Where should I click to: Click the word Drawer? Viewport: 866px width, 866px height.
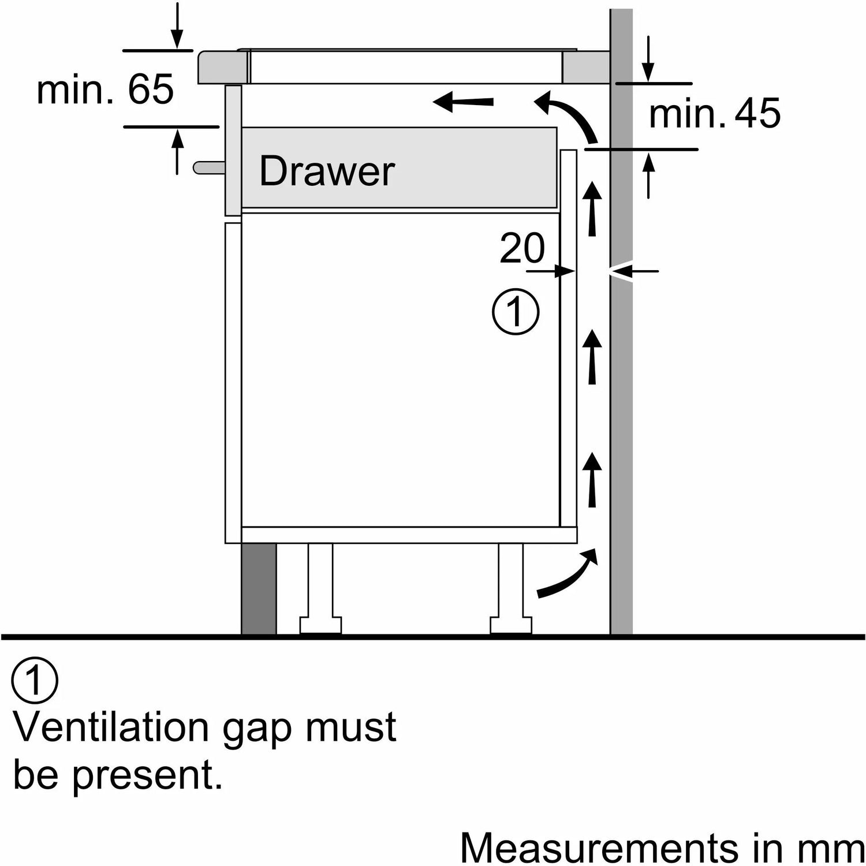pyautogui.click(x=327, y=171)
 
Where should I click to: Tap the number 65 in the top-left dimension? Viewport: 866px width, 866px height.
pyautogui.click(x=150, y=89)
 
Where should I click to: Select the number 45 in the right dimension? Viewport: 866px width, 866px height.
pyautogui.click(x=757, y=113)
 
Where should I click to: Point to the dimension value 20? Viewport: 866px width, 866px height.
pyautogui.click(x=521, y=248)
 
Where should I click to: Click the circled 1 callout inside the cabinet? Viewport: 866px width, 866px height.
pyautogui.click(x=515, y=312)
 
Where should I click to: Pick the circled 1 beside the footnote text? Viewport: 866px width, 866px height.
pyautogui.click(x=35, y=681)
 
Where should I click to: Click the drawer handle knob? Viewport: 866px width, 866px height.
pyautogui.click(x=209, y=167)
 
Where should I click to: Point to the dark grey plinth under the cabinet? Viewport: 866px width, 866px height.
pyautogui.click(x=259, y=589)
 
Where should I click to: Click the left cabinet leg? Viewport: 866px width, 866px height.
pyautogui.click(x=320, y=589)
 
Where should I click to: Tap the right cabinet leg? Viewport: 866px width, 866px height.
pyautogui.click(x=511, y=589)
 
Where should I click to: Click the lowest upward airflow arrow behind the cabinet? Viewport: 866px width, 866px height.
pyautogui.click(x=592, y=479)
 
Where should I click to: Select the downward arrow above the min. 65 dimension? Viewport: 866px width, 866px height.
pyautogui.click(x=177, y=26)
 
